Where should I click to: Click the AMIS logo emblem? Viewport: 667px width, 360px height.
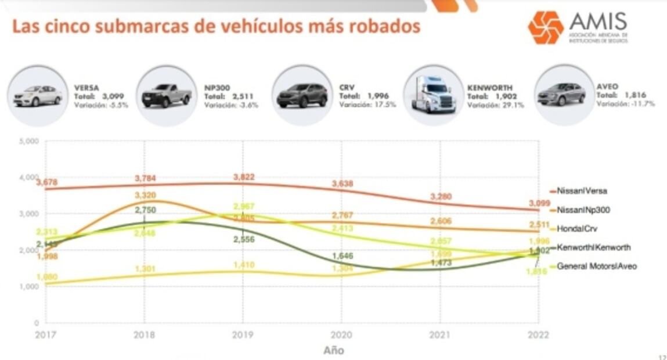tap(545, 27)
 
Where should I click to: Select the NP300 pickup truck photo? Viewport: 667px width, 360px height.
tap(167, 96)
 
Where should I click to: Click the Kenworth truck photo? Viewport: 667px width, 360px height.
tap(433, 95)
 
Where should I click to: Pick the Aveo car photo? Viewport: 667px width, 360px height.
tap(561, 95)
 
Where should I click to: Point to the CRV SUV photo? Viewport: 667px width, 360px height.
tap(302, 96)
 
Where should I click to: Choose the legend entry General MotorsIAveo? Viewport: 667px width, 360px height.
tap(596, 267)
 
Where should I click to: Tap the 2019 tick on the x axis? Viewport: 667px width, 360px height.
tap(243, 336)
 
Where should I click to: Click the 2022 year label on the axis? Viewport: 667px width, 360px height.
tap(538, 336)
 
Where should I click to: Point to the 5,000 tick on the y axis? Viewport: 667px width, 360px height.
tap(29, 142)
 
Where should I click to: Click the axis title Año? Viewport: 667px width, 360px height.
tap(333, 350)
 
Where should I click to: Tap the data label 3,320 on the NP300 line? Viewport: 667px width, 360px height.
tap(145, 195)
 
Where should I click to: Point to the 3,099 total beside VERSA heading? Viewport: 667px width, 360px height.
tap(114, 96)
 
